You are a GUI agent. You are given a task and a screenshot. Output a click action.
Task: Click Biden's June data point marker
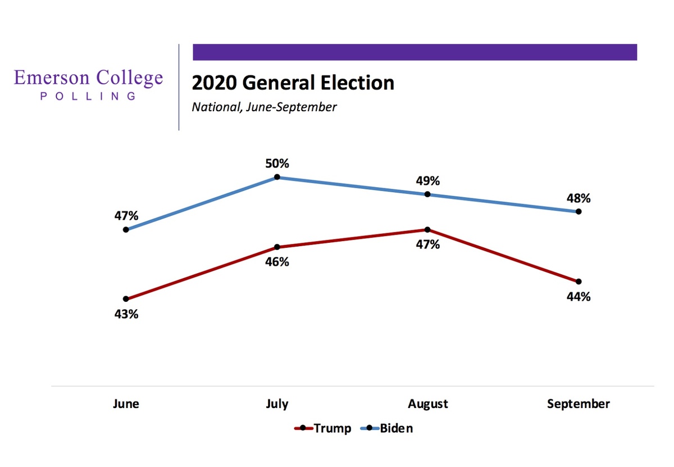coord(126,230)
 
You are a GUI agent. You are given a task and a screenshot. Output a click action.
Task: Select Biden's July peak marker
coord(277,177)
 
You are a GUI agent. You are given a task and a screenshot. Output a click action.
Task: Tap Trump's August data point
coord(427,230)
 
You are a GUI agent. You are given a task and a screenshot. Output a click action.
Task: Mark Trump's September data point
coord(579,282)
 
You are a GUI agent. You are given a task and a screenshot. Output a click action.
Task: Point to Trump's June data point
coord(126,299)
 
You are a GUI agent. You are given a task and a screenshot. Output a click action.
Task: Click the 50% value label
coord(277,164)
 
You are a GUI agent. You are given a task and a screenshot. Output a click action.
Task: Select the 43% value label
coord(126,314)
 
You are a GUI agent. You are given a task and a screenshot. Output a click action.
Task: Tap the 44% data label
coord(579,297)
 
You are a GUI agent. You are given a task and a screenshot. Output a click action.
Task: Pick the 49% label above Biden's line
coord(428,181)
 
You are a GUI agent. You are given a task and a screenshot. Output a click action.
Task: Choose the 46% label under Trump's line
coord(277,262)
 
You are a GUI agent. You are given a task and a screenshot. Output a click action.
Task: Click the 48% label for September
coord(579,198)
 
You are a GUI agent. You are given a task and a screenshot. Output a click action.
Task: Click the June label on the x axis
coord(126,403)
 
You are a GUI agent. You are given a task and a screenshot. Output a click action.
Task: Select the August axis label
coord(428,404)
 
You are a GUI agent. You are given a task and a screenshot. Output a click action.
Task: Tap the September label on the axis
coord(579,404)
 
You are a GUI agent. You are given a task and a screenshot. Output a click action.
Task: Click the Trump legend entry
coord(322,428)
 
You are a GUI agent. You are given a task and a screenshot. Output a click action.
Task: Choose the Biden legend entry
coord(386,428)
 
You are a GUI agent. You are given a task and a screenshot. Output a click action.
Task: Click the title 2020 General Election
coord(293,83)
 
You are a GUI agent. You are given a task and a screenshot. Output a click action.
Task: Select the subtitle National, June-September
coord(264,107)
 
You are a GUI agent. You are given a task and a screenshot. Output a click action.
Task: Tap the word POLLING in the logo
coord(88,96)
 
